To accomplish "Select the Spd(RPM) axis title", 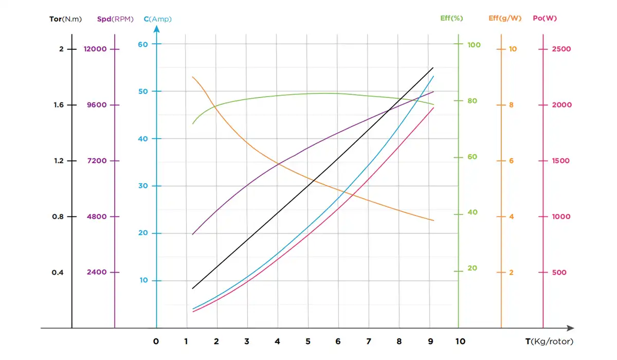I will click(115, 19).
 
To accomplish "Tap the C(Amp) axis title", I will click(157, 19).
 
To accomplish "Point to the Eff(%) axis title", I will click(452, 18).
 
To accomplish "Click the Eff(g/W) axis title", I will click(505, 18).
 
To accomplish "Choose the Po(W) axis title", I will click(545, 18).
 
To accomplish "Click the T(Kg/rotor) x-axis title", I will click(549, 341).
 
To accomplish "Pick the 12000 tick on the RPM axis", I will click(95, 49).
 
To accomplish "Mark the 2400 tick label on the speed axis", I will click(97, 272).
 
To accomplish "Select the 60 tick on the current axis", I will click(143, 44).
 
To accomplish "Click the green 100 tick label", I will click(474, 45).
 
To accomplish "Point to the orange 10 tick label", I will click(513, 49).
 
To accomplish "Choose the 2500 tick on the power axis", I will click(561, 49).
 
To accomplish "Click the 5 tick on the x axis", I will click(308, 341).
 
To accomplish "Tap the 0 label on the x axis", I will click(156, 341).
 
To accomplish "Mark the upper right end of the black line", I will click(433, 67).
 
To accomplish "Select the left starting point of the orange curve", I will click(193, 77).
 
